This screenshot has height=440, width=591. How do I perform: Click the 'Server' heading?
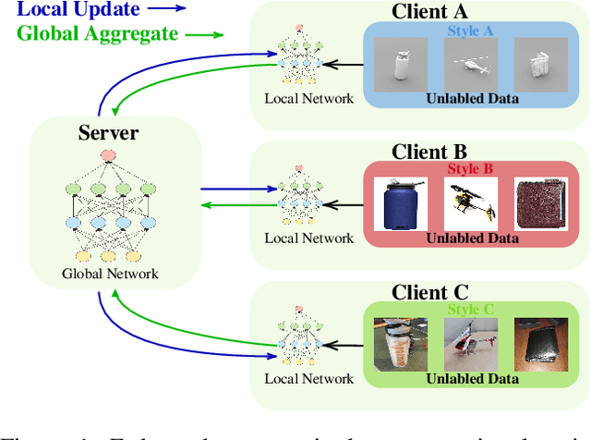click(x=109, y=133)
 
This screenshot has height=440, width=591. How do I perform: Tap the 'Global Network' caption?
click(x=110, y=274)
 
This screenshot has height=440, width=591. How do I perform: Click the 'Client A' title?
click(x=429, y=12)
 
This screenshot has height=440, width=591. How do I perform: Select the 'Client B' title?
click(x=429, y=152)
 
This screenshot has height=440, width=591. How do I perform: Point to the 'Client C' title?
click(x=429, y=293)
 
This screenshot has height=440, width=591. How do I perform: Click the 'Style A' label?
click(x=472, y=31)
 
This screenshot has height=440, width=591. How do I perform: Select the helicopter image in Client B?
click(x=471, y=202)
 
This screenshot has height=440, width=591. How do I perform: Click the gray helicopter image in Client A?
click(x=471, y=66)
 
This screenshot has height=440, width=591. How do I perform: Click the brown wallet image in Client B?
click(x=541, y=204)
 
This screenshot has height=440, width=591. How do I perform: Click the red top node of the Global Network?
click(x=108, y=154)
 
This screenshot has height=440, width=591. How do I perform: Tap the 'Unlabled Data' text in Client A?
click(x=471, y=98)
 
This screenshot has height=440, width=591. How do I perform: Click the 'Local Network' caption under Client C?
click(x=308, y=378)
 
